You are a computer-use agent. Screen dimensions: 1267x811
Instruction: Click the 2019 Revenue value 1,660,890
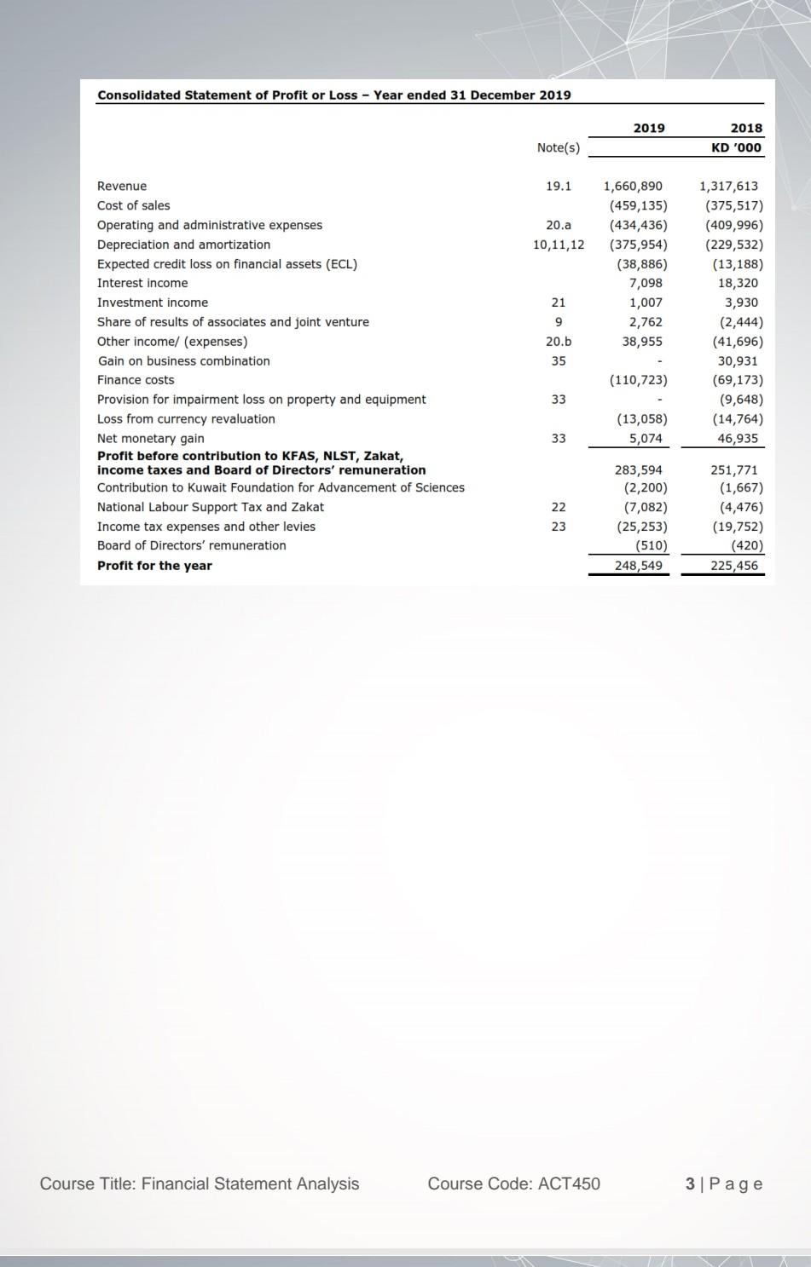(633, 186)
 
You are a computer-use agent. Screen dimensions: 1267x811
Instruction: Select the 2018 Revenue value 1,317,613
(728, 186)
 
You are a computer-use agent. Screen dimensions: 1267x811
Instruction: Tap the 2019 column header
(649, 128)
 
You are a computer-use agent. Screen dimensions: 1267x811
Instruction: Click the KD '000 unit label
(737, 147)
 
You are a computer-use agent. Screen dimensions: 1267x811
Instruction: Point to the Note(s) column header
(559, 147)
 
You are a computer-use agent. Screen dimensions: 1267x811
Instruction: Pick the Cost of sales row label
(133, 205)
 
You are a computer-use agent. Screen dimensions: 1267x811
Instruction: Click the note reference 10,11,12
(559, 245)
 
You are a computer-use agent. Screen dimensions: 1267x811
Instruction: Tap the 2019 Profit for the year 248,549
(639, 565)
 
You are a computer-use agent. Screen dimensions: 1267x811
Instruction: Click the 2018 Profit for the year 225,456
(734, 565)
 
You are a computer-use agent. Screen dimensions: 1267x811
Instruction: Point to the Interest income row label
(142, 283)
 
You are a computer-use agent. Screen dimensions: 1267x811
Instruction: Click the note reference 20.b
(559, 341)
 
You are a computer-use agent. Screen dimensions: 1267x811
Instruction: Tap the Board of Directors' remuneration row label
(192, 545)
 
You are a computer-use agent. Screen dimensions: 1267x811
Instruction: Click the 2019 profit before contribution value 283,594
(639, 469)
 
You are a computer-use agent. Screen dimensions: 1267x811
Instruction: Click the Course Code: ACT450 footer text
(513, 1183)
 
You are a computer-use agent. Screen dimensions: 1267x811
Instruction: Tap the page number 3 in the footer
(689, 1183)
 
